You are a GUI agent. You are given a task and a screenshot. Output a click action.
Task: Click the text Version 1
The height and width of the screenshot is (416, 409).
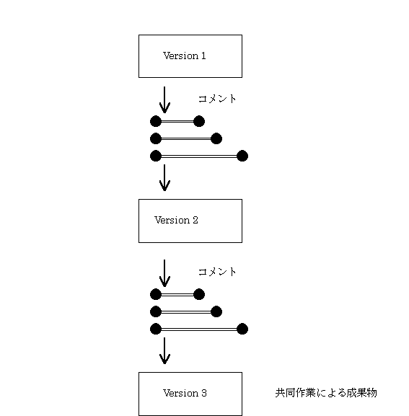click(x=184, y=56)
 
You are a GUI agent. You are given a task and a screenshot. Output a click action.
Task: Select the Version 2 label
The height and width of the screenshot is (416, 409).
click(x=176, y=220)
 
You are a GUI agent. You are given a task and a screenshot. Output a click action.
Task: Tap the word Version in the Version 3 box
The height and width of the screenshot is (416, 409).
click(x=180, y=393)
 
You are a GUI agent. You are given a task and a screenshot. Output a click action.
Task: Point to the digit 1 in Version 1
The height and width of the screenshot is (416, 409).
click(x=203, y=56)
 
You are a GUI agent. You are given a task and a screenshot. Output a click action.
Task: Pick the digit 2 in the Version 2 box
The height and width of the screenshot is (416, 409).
click(x=195, y=220)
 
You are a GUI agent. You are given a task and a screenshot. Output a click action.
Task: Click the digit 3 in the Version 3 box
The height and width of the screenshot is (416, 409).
click(x=204, y=393)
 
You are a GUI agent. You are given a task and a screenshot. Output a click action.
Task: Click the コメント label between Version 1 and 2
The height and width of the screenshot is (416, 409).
click(x=217, y=99)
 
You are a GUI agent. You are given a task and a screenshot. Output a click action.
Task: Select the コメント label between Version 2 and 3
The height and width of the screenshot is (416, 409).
click(x=217, y=272)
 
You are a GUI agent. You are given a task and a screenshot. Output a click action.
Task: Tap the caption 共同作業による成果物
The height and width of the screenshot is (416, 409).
click(x=326, y=393)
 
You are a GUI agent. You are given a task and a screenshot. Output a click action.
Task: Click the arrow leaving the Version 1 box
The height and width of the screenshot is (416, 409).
click(x=164, y=99)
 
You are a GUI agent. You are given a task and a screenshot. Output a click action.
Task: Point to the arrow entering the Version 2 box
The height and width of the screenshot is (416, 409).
click(x=164, y=178)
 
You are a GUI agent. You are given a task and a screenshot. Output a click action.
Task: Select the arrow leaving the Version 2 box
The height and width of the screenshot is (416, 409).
click(x=164, y=273)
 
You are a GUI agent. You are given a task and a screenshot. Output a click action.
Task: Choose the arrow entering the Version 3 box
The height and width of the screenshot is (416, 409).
click(x=164, y=350)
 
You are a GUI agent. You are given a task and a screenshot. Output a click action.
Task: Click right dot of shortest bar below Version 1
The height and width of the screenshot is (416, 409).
click(x=199, y=121)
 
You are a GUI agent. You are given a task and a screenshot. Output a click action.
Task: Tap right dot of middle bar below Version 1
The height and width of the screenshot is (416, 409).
click(x=216, y=138)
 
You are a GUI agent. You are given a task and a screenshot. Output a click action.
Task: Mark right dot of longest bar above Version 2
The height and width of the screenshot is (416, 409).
click(x=242, y=156)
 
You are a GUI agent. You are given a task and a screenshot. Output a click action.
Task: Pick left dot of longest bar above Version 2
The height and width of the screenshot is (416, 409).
click(x=156, y=156)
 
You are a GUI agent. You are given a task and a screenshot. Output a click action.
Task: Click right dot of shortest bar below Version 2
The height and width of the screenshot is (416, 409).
click(x=199, y=294)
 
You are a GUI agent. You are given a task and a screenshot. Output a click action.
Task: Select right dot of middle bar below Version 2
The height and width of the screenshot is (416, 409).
click(x=216, y=311)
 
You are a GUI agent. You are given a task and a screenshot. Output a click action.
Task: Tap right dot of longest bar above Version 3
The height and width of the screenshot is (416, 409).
click(x=242, y=329)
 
